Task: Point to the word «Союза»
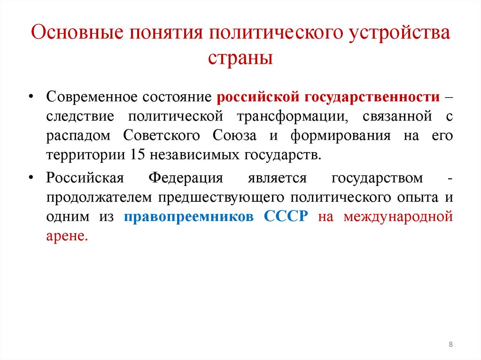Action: pyautogui.click(x=234, y=136)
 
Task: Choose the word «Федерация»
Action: pyautogui.click(x=186, y=179)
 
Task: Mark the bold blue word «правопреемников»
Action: pyautogui.click(x=191, y=218)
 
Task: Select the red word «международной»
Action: pyautogui.click(x=398, y=218)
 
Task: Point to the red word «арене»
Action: pyautogui.click(x=67, y=237)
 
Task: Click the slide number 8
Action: pyautogui.click(x=451, y=345)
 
